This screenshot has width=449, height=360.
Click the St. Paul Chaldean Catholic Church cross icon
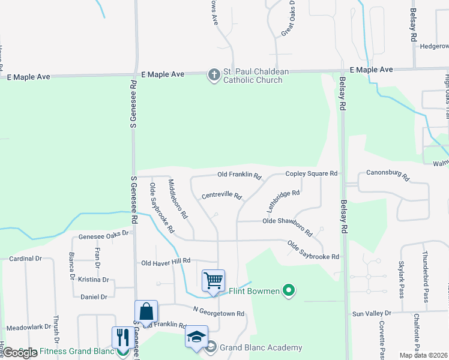point(214,76)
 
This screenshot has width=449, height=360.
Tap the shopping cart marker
point(213,280)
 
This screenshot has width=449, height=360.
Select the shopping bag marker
point(146,311)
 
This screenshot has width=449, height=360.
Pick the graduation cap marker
point(196,337)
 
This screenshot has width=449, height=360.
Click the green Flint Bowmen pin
point(289,292)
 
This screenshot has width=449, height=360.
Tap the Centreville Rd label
point(221,196)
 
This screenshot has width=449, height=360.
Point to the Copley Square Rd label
point(311,173)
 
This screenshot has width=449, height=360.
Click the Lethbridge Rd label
point(283,202)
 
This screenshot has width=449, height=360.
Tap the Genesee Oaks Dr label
point(100,233)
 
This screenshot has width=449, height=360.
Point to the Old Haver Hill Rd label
point(165,262)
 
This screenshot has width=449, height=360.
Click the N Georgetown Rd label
point(218,313)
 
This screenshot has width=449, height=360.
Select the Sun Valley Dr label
point(372,313)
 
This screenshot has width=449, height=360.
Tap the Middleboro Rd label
point(178,199)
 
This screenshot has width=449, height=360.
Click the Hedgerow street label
point(434,46)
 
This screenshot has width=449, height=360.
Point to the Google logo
point(19,353)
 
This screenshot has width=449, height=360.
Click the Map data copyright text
point(423,355)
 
